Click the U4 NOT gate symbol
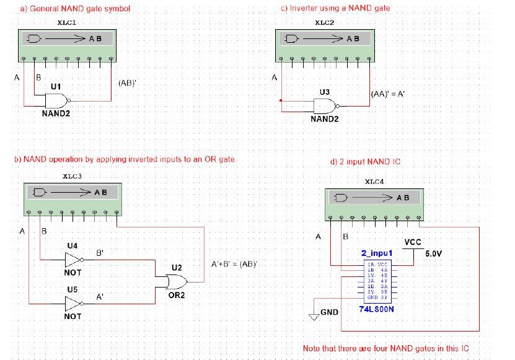pos(73,260)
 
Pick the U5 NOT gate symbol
pos(73,304)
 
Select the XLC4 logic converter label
pos(374,182)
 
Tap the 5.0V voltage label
pos(434,253)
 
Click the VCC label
pos(413,242)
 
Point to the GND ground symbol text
pos(329,312)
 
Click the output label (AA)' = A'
pos(387,95)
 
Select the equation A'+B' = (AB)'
pos(234,264)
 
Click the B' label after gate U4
pos(100,253)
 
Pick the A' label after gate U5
pos(100,297)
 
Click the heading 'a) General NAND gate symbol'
pos(75,9)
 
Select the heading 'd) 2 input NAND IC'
pos(365,162)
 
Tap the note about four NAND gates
pos(385,348)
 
